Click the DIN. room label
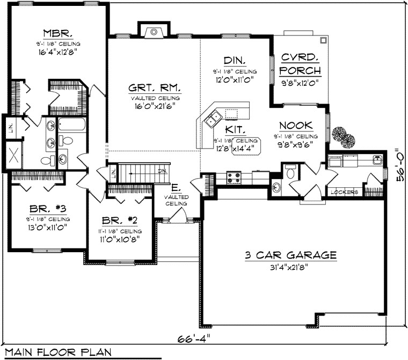click(234, 60)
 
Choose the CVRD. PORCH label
click(301, 64)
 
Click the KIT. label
click(236, 130)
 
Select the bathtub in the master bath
click(72, 125)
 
